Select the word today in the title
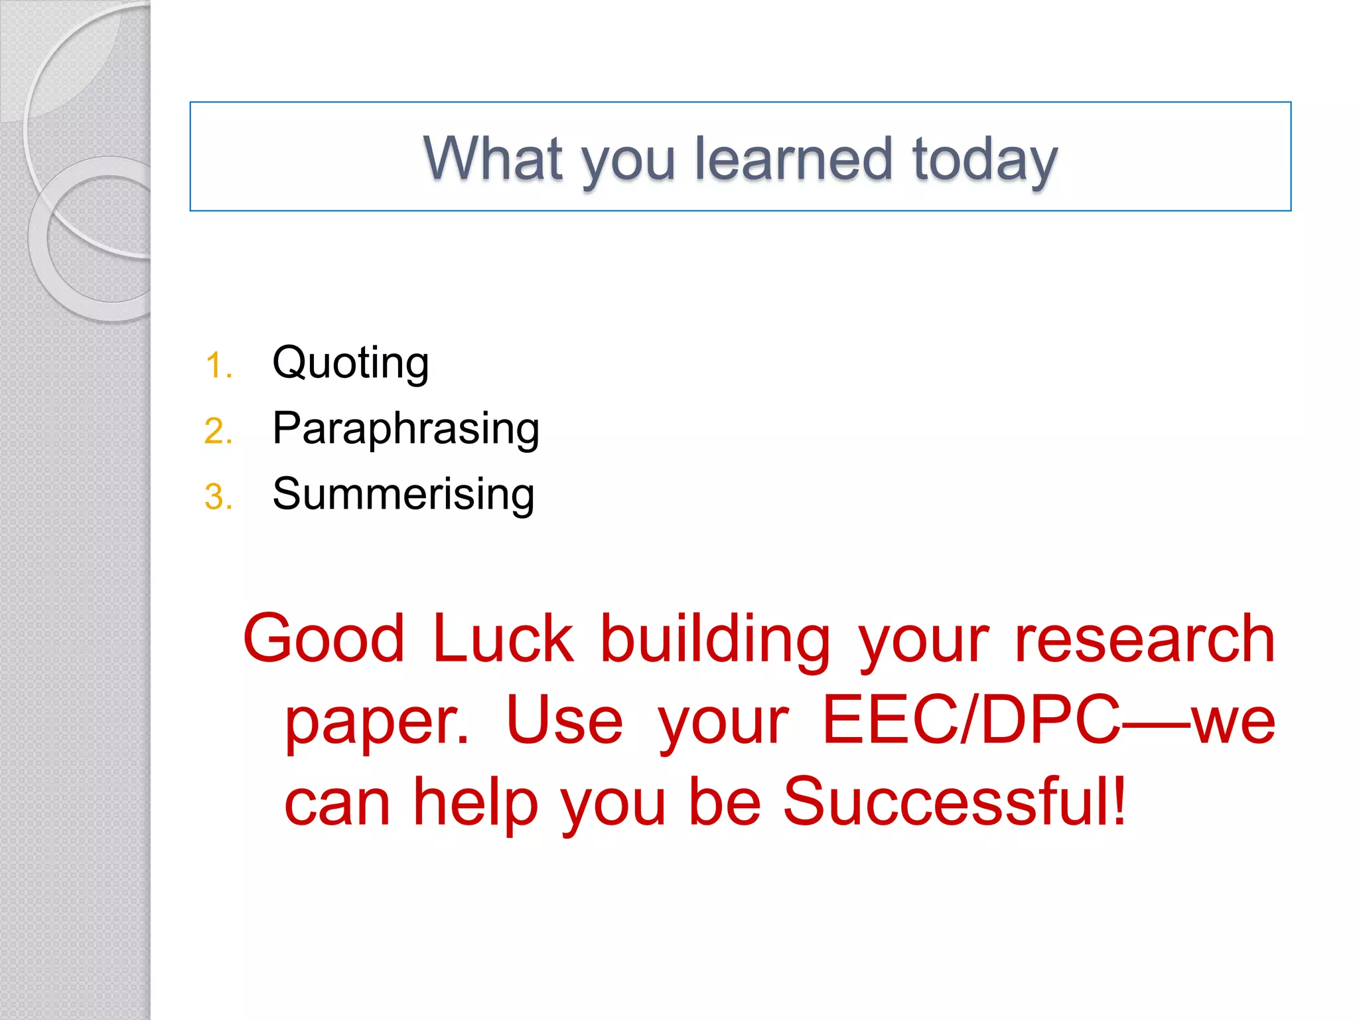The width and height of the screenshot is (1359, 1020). pos(985,159)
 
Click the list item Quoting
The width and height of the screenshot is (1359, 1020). pos(350,363)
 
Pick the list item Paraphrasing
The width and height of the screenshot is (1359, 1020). pos(405,428)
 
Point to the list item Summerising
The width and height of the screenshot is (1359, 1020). pos(403,494)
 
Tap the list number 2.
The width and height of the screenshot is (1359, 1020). pos(218,432)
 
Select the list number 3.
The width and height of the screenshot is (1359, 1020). pos(218,497)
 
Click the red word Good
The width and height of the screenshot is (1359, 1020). pos(324,638)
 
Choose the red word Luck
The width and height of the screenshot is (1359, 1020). pos(503,638)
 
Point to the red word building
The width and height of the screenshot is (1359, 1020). pos(715,639)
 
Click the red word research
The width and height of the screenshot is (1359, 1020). pos(1145,638)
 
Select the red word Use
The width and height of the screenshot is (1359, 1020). pos(564,721)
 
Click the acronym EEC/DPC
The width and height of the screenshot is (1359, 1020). pos(971,720)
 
